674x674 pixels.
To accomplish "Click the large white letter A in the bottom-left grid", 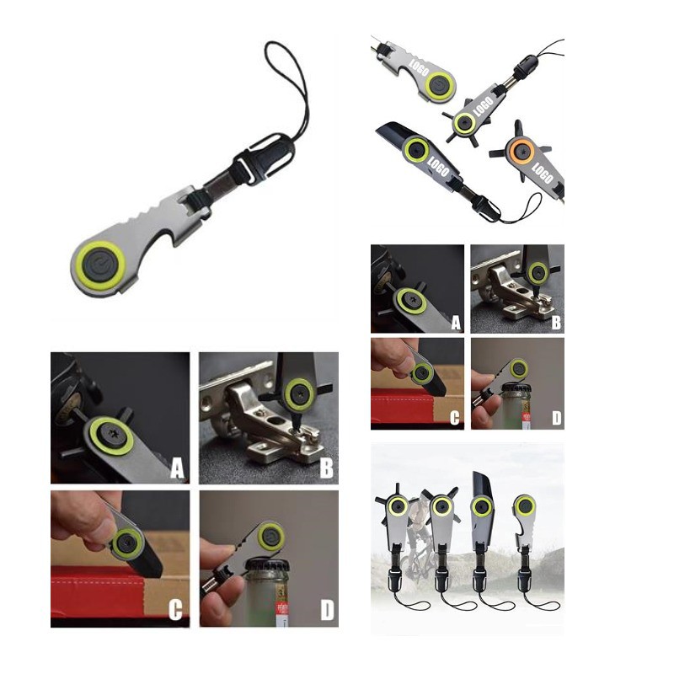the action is tap(178, 468).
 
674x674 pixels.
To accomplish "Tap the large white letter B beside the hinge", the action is tap(327, 468).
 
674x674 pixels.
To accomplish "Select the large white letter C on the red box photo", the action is tap(175, 609).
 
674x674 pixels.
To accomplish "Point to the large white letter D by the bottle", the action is tap(327, 610).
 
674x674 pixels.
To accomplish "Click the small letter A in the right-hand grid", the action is tap(456, 324).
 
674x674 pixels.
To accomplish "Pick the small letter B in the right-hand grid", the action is tap(556, 323).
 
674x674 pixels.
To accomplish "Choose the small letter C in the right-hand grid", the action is tap(454, 418).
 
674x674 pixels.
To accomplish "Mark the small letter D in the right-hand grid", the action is tap(556, 418).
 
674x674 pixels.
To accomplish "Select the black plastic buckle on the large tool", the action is tap(263, 158).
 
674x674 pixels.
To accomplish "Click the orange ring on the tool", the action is tap(521, 151).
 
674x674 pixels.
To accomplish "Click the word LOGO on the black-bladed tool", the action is tap(438, 167).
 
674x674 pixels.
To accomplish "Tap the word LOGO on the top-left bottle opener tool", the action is tap(419, 67).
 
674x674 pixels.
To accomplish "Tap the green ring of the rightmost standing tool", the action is tap(524, 505).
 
